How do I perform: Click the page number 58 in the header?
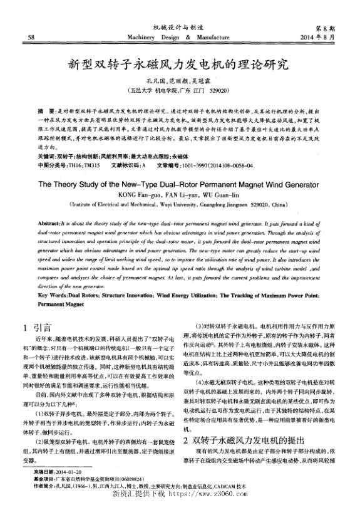click(x=31, y=37)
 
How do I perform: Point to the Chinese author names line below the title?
click(x=179, y=81)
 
